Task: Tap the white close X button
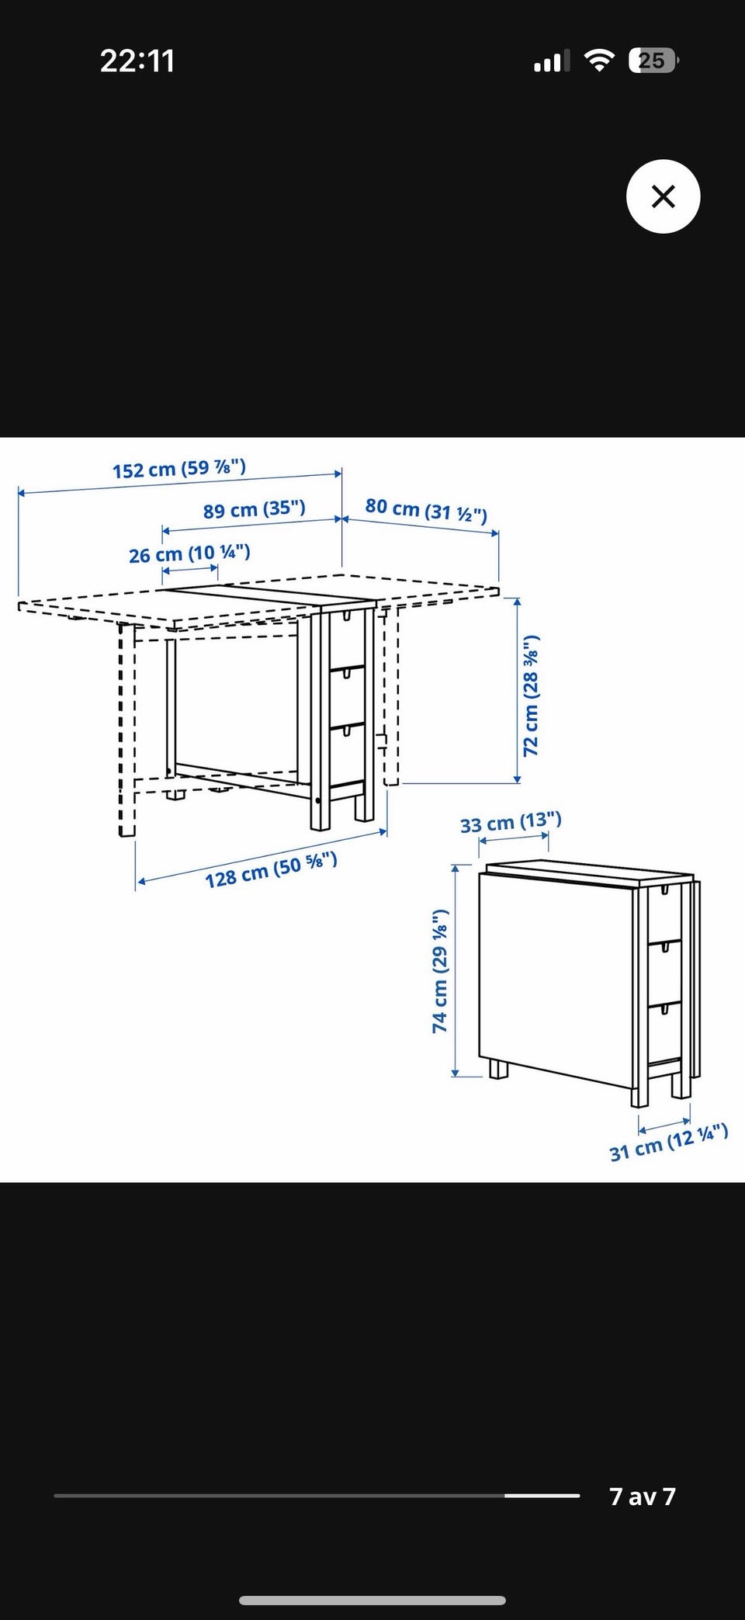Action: point(663,196)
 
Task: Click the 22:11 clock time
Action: point(137,61)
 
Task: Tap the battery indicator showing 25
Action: point(653,61)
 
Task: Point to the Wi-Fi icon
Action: point(598,61)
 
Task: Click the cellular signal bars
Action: point(552,61)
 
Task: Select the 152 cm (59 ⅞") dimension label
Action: point(179,469)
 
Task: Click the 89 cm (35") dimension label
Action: point(255,509)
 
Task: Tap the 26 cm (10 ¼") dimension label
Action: point(189,554)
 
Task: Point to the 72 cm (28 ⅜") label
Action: point(531,696)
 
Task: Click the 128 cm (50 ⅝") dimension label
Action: point(271,869)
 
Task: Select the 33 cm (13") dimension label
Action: point(511,822)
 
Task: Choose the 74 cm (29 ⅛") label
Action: point(440,971)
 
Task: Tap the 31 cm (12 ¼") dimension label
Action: point(669,1142)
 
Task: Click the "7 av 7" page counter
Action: point(643,1496)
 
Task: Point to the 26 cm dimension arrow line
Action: point(190,571)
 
